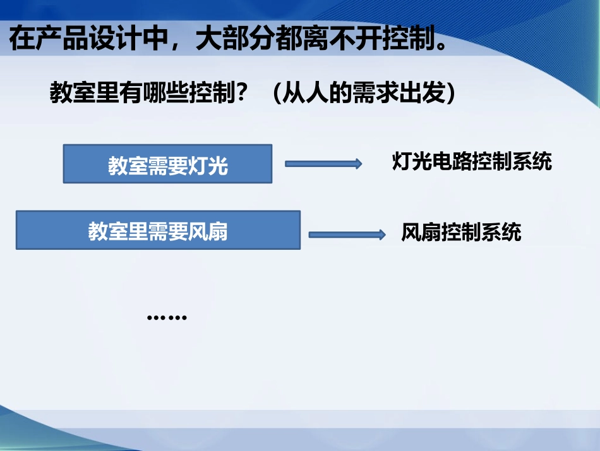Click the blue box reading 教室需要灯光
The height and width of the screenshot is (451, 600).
coord(167,164)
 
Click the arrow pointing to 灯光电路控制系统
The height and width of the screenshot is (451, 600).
coord(323,164)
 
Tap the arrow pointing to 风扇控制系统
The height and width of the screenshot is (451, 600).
coord(346,235)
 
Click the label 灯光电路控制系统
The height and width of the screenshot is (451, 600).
coord(472,162)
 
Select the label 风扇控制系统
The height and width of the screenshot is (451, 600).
coord(461,233)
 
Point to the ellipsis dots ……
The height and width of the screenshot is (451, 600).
coord(167,317)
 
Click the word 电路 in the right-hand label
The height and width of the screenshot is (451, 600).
coord(452,162)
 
